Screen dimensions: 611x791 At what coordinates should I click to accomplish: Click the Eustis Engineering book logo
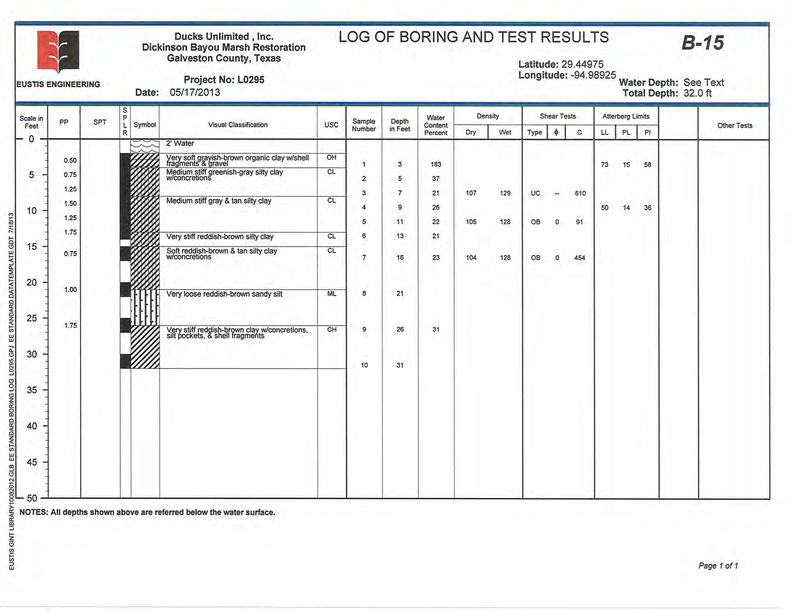(x=58, y=51)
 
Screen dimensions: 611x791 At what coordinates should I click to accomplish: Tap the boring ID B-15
(x=703, y=43)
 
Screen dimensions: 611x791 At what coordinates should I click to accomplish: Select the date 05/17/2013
(x=195, y=92)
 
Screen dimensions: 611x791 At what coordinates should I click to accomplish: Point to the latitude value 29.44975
(x=581, y=64)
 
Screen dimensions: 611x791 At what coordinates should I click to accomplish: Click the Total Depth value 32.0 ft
(x=698, y=93)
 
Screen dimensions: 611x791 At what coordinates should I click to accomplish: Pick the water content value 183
(x=435, y=164)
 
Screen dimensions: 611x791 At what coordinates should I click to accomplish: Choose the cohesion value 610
(x=580, y=193)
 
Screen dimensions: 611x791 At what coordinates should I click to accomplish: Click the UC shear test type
(x=535, y=193)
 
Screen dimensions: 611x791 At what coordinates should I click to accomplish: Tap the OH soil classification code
(x=331, y=158)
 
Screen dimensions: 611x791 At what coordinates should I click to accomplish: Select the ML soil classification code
(x=331, y=294)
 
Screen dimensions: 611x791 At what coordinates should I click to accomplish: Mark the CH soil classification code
(x=331, y=330)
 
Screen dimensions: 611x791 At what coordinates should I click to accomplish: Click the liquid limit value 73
(x=605, y=165)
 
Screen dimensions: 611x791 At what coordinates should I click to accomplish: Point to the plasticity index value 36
(x=647, y=208)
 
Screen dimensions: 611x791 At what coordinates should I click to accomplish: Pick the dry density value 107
(x=471, y=193)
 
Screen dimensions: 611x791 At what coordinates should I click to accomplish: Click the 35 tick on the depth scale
(x=32, y=390)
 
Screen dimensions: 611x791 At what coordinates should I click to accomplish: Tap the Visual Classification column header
(x=238, y=125)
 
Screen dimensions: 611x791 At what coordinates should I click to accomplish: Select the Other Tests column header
(x=734, y=126)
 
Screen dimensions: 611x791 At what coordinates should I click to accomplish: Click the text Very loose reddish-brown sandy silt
(x=224, y=294)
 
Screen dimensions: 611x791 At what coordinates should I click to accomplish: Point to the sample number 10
(x=364, y=365)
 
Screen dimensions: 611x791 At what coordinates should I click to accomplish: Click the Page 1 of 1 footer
(x=718, y=566)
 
